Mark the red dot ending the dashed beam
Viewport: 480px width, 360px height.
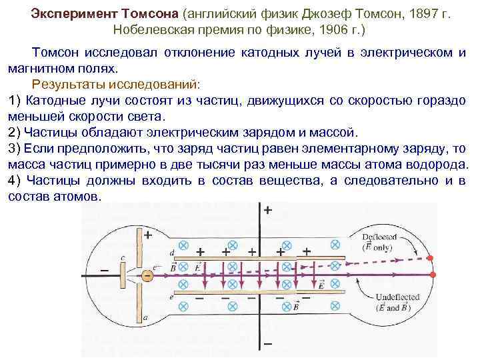(x=431, y=258)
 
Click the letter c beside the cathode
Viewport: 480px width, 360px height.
(x=122, y=258)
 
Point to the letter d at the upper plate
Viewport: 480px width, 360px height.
(x=172, y=253)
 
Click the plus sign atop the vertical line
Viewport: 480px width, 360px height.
(x=268, y=211)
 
